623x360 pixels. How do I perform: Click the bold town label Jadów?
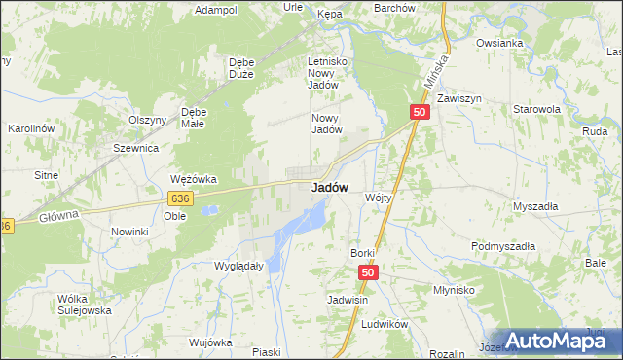pyautogui.click(x=330, y=188)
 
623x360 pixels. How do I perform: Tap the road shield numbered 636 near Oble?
pyautogui.click(x=179, y=198)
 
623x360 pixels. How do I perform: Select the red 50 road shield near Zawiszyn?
pyautogui.click(x=420, y=113)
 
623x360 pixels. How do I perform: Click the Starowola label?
pyautogui.click(x=537, y=110)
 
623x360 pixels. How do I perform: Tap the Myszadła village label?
pyautogui.click(x=535, y=206)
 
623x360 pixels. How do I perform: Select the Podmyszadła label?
pyautogui.click(x=503, y=247)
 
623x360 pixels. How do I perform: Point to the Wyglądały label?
pyautogui.click(x=238, y=266)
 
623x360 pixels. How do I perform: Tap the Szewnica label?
pyautogui.click(x=135, y=148)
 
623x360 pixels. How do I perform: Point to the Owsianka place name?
pyautogui.click(x=500, y=44)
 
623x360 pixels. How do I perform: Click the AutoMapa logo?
pyautogui.click(x=558, y=341)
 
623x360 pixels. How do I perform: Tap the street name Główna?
pyautogui.click(x=60, y=218)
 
